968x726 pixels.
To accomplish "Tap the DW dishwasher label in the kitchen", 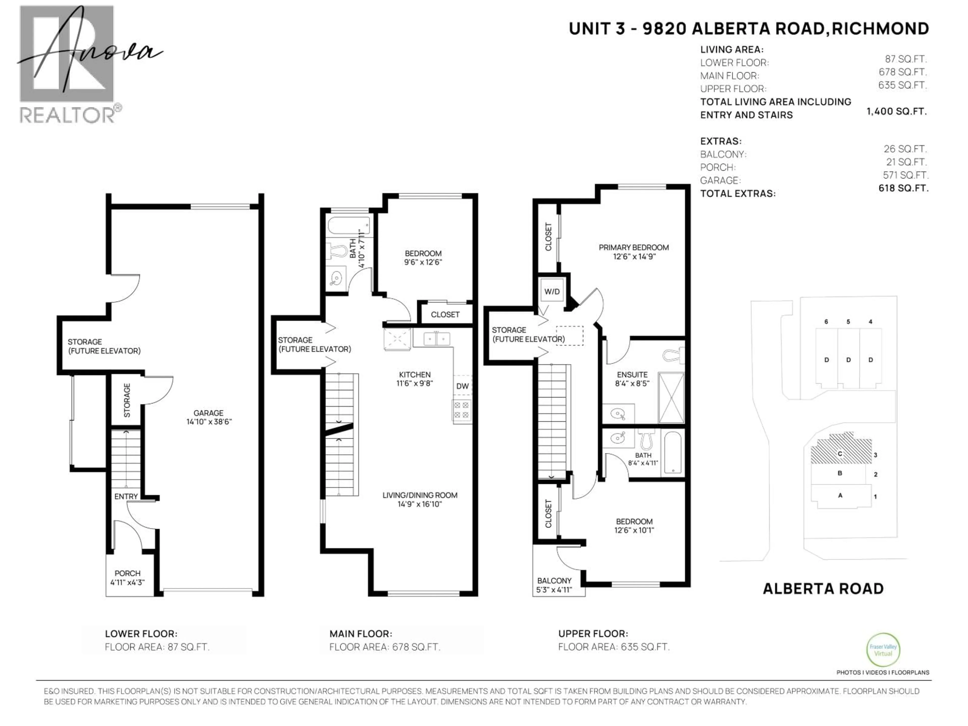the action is [x=462, y=386].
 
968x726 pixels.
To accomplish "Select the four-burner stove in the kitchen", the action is [x=462, y=410].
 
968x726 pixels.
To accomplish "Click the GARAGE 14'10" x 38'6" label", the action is [x=209, y=417].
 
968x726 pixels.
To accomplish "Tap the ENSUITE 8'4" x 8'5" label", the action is [x=632, y=379].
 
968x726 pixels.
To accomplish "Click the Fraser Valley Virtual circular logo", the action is [x=883, y=650].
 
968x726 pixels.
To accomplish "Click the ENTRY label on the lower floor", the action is [x=126, y=496].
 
